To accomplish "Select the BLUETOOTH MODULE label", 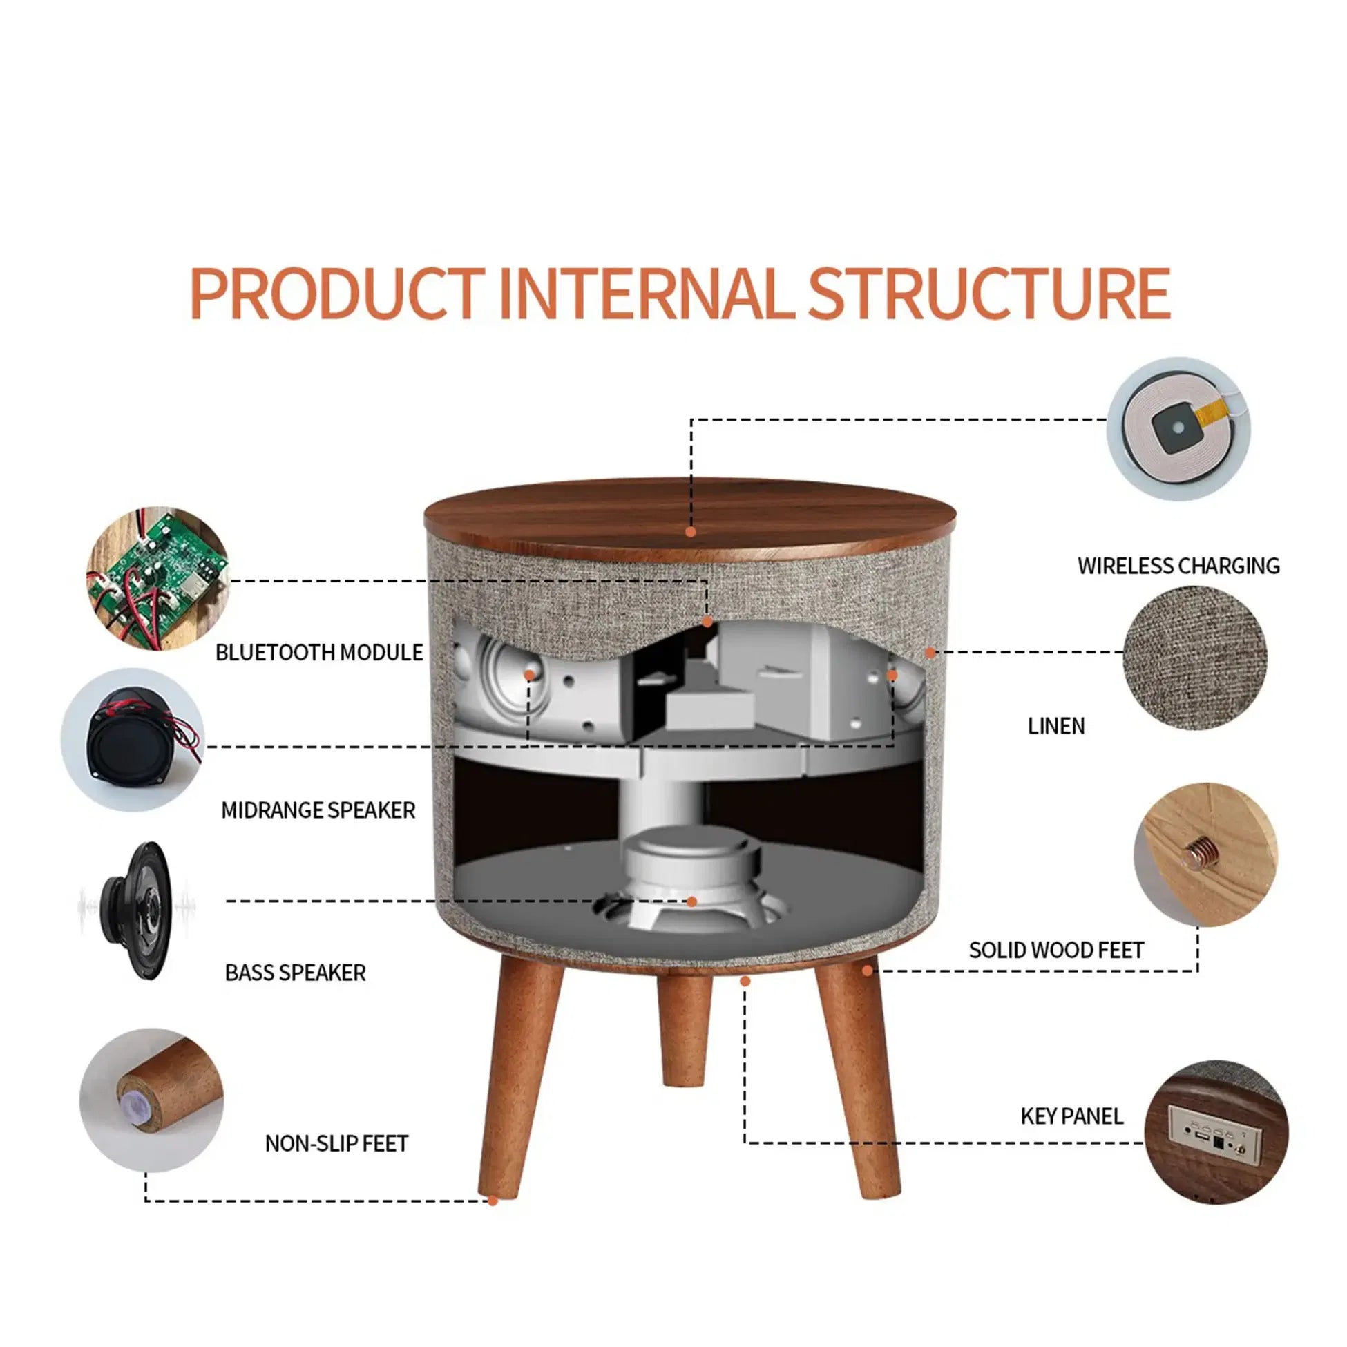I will (318, 653).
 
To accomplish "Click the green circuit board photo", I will (157, 578).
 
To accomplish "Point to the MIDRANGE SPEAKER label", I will (318, 810).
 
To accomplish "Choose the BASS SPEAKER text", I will (295, 973).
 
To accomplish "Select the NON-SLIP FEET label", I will (336, 1143).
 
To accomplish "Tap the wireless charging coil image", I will (1178, 429).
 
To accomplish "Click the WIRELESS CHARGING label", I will (1178, 566).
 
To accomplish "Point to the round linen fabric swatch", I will (1194, 658).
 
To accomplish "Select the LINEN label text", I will (1055, 726).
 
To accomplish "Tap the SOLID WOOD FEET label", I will (1055, 950).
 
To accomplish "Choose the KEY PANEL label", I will (1071, 1116).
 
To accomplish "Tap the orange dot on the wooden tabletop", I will (690, 532).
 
